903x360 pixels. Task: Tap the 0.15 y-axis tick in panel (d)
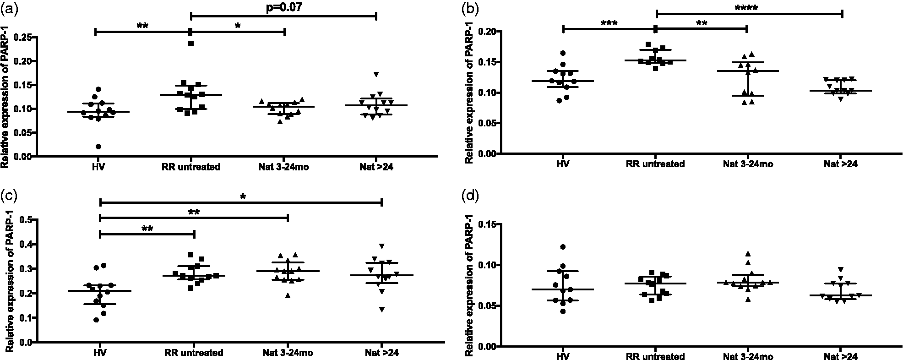[x=486, y=224]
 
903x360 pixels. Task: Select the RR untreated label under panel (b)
[x=655, y=164]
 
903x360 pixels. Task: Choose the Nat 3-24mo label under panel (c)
[x=288, y=353]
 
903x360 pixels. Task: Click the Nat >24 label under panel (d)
[x=841, y=356]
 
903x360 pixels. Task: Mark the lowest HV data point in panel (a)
[x=98, y=147]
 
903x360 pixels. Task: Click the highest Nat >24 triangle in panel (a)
[x=376, y=74]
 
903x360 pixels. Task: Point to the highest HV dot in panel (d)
[x=563, y=247]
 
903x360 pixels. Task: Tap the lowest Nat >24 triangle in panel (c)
[x=381, y=310]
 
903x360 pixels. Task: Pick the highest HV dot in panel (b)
[x=563, y=53]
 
